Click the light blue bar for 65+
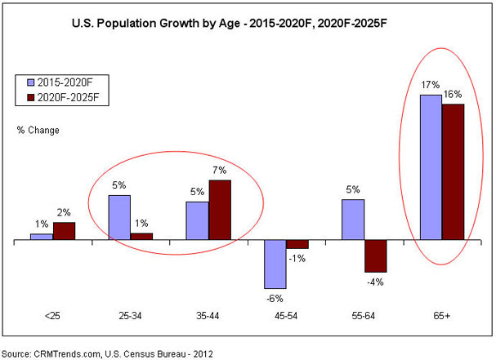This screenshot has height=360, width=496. click(431, 167)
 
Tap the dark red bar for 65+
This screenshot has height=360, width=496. click(453, 172)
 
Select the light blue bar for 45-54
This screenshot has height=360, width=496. click(275, 264)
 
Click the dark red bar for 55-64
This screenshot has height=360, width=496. click(375, 256)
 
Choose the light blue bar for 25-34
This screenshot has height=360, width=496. click(119, 218)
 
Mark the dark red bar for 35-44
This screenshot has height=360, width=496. click(220, 211)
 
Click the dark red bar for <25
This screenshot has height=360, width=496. click(64, 231)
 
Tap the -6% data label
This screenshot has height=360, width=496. click(275, 296)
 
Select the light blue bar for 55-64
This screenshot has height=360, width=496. click(353, 220)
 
